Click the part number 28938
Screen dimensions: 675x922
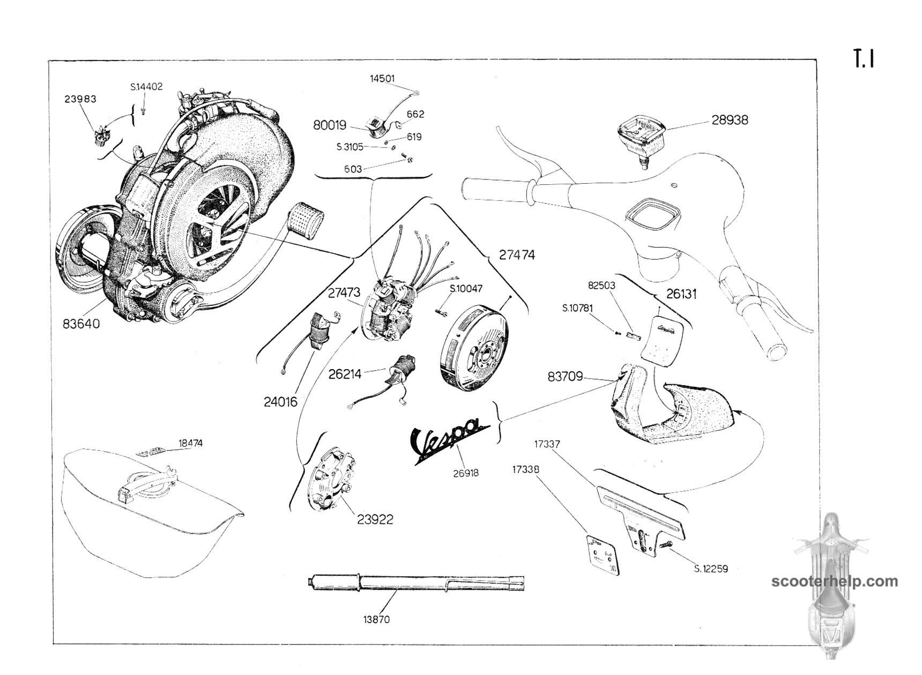pyautogui.click(x=730, y=120)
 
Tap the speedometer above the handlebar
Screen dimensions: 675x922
pyautogui.click(x=641, y=134)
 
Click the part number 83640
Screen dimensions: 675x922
pyautogui.click(x=81, y=324)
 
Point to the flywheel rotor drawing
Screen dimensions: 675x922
pyautogui.click(x=474, y=348)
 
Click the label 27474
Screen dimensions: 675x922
pyautogui.click(x=517, y=255)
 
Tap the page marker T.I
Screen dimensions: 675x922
pyautogui.click(x=864, y=59)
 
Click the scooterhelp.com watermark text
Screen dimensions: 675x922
pyautogui.click(x=834, y=581)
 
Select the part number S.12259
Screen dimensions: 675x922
pyautogui.click(x=711, y=569)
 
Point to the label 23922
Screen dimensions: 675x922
pyautogui.click(x=375, y=519)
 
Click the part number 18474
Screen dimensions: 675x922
pyautogui.click(x=190, y=444)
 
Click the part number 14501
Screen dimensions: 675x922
pyautogui.click(x=382, y=79)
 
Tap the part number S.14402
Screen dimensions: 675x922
pyautogui.click(x=146, y=87)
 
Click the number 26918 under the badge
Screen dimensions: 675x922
pyautogui.click(x=465, y=473)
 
